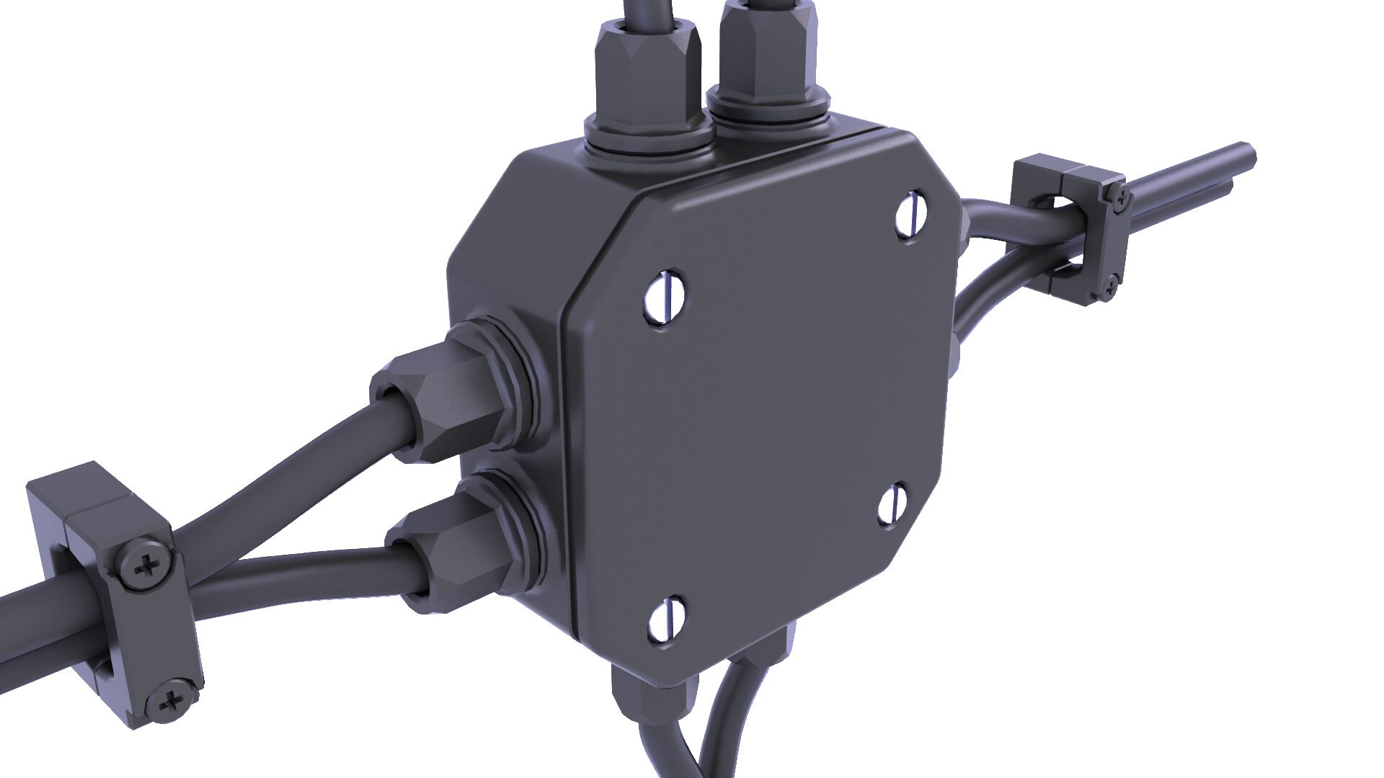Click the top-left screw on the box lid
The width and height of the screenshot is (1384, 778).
663,295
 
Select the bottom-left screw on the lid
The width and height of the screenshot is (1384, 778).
667,619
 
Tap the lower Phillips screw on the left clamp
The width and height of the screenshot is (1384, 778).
171,700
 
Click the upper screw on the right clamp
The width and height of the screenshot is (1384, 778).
1117,195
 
